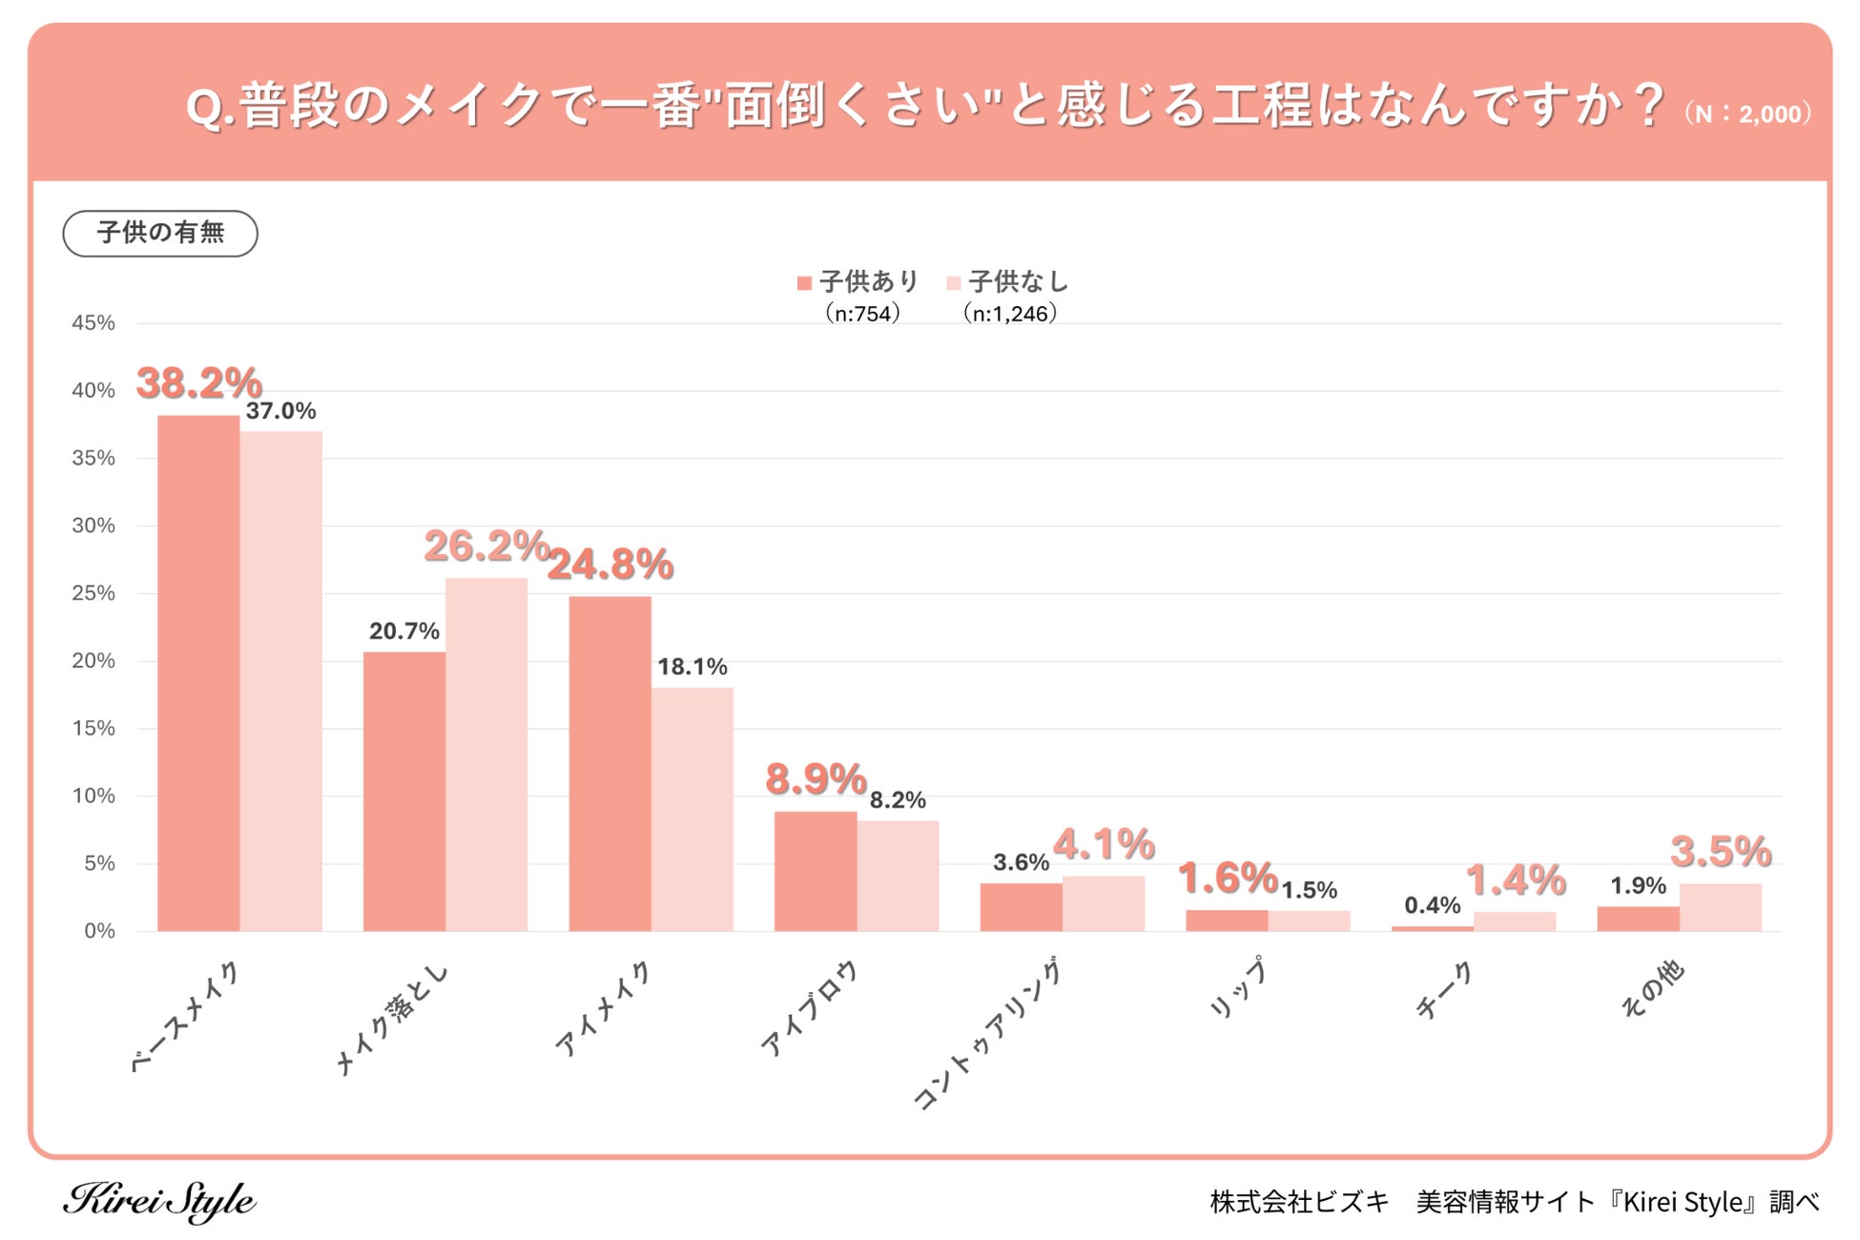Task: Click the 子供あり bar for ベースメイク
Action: click(198, 672)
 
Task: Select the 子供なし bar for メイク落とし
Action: click(486, 754)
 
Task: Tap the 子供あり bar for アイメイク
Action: click(610, 763)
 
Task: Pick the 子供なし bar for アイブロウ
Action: click(898, 876)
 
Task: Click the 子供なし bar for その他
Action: click(1720, 907)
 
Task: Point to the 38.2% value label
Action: click(198, 383)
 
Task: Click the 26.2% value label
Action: click(486, 546)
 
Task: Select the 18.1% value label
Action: click(692, 667)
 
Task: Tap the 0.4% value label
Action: click(1432, 905)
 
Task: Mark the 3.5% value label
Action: click(1720, 852)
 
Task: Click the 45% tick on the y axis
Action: click(93, 323)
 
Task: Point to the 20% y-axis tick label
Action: click(93, 661)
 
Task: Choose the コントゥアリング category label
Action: click(987, 1035)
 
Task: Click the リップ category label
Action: click(1238, 987)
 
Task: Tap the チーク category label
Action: click(1444, 990)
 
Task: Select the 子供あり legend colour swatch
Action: click(804, 283)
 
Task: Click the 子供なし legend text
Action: click(1018, 282)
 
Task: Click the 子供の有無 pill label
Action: click(160, 234)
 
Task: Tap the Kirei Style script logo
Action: click(159, 1201)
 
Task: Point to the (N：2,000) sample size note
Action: click(1747, 114)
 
